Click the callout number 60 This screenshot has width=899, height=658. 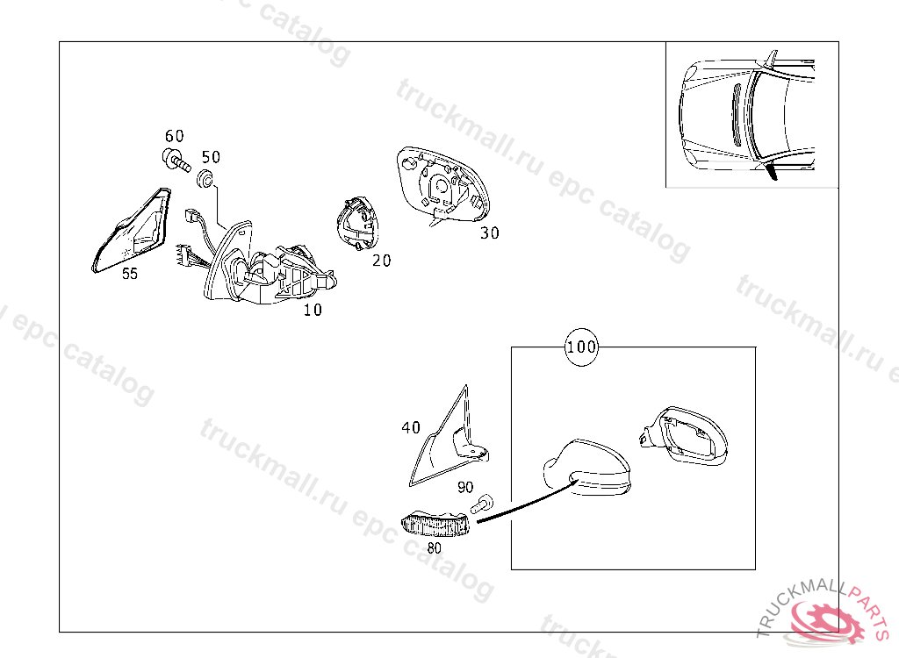click(175, 136)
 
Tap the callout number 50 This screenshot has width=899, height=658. click(211, 156)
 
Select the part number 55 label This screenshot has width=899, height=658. click(130, 274)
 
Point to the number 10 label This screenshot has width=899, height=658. click(313, 310)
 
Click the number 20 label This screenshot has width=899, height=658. click(381, 261)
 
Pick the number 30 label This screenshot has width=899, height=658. click(490, 233)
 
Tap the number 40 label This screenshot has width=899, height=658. click(411, 427)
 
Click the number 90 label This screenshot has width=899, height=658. click(465, 487)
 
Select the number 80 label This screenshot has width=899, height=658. click(434, 548)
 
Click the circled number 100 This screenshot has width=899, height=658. click(581, 347)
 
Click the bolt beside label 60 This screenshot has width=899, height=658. click(176, 160)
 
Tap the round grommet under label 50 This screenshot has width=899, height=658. click(206, 178)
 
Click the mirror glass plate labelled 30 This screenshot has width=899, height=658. click(442, 184)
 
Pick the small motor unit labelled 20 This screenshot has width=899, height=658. click(358, 223)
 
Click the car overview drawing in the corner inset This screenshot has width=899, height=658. click(746, 115)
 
